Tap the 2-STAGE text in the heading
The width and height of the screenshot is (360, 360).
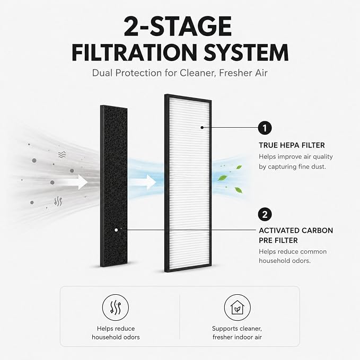pyautogui.click(x=178, y=27)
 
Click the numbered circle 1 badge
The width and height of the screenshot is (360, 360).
pyautogui.click(x=265, y=128)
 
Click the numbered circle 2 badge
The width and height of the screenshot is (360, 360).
pyautogui.click(x=265, y=214)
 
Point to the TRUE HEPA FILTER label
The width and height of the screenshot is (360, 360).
pyautogui.click(x=292, y=145)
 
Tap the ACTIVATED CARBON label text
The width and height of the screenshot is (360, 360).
pyautogui.click(x=296, y=231)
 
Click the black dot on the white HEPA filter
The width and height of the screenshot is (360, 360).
pyautogui.click(x=202, y=127)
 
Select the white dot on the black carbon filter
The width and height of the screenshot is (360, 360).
pyautogui.click(x=116, y=230)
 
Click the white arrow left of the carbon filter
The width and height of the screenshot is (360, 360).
pyautogui.click(x=76, y=182)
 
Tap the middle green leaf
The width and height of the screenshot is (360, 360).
pyautogui.click(x=223, y=178)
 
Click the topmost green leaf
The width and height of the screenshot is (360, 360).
pyautogui.click(x=239, y=167)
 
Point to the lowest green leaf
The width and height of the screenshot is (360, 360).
pyautogui.click(x=238, y=190)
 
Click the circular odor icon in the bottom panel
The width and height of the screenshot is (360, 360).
pyautogui.click(x=116, y=308)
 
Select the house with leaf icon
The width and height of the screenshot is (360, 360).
pyautogui.click(x=237, y=308)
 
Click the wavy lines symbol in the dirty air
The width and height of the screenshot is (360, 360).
pyautogui.click(x=62, y=154)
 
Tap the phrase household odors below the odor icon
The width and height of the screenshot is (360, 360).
pyautogui.click(x=116, y=337)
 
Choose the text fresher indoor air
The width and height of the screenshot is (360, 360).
pyautogui.click(x=237, y=337)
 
